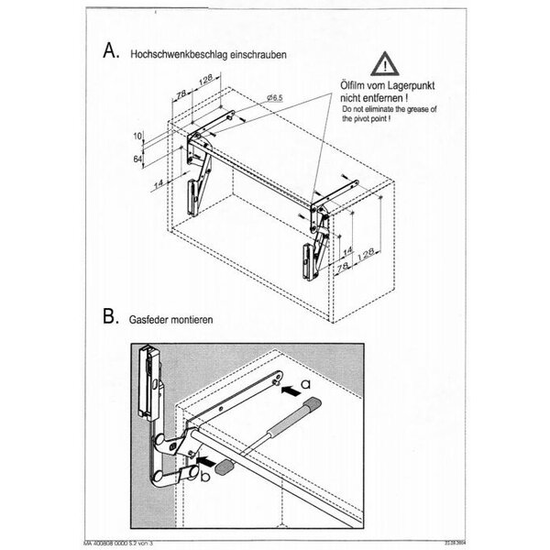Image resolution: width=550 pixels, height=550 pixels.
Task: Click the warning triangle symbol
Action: (x=383, y=63)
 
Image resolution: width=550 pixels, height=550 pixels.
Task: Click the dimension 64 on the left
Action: (x=137, y=159)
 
